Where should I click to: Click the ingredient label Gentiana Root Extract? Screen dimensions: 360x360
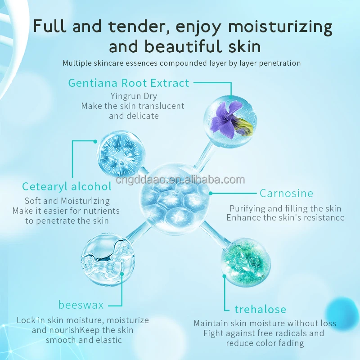pyautogui.click(x=129, y=83)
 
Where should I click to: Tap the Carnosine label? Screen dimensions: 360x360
pyautogui.click(x=286, y=193)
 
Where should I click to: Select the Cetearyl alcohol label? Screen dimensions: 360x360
pyautogui.click(x=67, y=186)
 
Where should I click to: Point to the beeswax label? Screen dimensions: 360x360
pyautogui.click(x=81, y=305)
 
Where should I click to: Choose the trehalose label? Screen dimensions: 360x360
pyautogui.click(x=260, y=309)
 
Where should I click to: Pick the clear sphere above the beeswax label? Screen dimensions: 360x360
pyautogui.click(x=108, y=259)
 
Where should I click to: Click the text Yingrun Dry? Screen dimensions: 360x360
pyautogui.click(x=134, y=96)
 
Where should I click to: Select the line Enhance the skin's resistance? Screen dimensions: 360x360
pyautogui.click(x=285, y=218)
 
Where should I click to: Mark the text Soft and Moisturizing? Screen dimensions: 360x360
pyautogui.click(x=67, y=201)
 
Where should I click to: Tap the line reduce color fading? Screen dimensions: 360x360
pyautogui.click(x=265, y=343)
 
